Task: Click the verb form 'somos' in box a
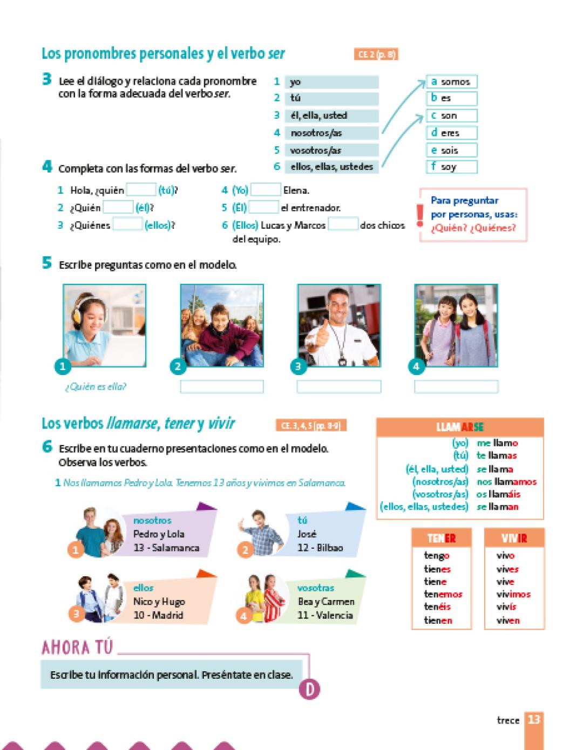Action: pyautogui.click(x=455, y=82)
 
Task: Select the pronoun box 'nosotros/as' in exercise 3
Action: pyautogui.click(x=331, y=133)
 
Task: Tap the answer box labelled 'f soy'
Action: pyautogui.click(x=451, y=167)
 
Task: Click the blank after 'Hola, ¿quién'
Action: pyautogui.click(x=141, y=190)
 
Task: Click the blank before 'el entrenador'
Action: pyautogui.click(x=263, y=207)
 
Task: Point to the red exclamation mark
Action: pyautogui.click(x=420, y=215)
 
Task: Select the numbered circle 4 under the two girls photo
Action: pyautogui.click(x=416, y=366)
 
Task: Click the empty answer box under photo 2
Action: pyautogui.click(x=222, y=386)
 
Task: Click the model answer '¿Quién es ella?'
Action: pyautogui.click(x=96, y=386)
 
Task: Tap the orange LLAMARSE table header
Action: pyautogui.click(x=459, y=427)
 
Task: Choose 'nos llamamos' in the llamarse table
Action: pyautogui.click(x=506, y=482)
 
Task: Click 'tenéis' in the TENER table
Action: pyautogui.click(x=437, y=607)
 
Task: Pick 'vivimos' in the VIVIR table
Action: pyautogui.click(x=513, y=594)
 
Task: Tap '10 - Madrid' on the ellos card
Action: pyautogui.click(x=158, y=615)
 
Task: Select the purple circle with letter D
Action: pyautogui.click(x=309, y=689)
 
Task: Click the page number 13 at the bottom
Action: pyautogui.click(x=533, y=720)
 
